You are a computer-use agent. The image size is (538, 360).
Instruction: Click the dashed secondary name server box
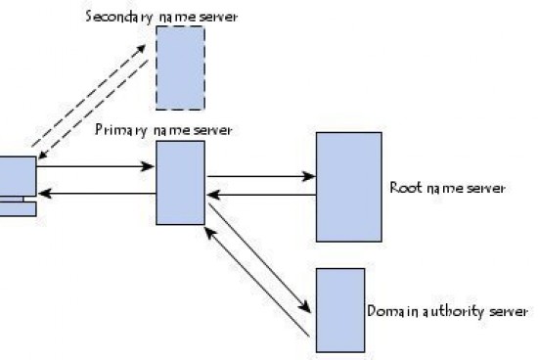point(180,67)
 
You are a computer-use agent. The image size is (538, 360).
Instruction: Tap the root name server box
point(348,187)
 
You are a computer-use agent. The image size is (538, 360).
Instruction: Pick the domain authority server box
point(340,308)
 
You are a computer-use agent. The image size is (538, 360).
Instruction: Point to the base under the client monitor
point(17,208)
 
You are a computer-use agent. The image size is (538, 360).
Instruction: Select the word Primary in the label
point(117,130)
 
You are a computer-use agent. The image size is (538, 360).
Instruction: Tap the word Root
point(404,187)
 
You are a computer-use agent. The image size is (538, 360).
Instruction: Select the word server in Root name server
point(486,187)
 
